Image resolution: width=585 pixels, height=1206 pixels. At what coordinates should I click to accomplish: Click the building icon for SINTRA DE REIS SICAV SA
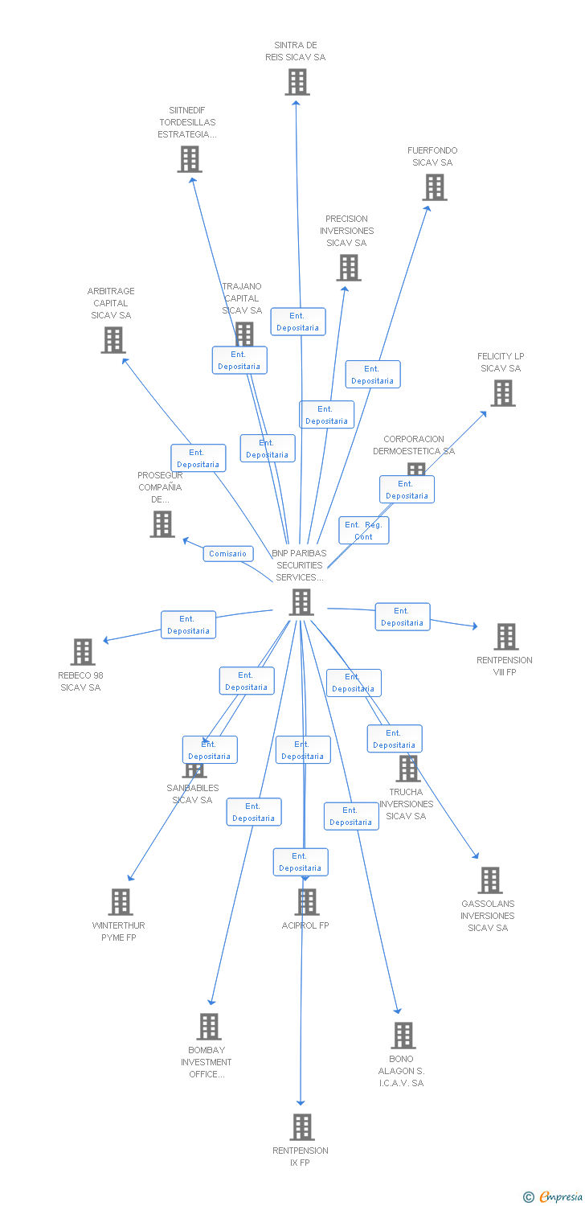click(297, 82)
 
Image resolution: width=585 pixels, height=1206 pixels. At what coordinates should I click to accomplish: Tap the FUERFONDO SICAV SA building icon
click(435, 187)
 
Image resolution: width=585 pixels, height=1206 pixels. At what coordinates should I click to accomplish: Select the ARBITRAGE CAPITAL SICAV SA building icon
click(113, 340)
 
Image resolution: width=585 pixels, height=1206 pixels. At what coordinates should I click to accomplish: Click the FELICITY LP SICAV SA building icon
click(503, 393)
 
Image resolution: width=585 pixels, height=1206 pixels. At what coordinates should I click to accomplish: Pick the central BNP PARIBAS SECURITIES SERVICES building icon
click(301, 602)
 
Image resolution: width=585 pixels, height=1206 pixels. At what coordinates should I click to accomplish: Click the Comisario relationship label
click(228, 554)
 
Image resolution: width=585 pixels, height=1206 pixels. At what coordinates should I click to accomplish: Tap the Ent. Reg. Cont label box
click(364, 531)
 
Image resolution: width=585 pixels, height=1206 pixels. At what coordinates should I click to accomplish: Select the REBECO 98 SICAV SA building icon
click(83, 652)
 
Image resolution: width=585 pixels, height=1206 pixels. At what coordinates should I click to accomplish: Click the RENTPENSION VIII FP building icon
click(506, 637)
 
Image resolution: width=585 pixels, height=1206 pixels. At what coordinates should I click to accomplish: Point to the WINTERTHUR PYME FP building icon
click(121, 902)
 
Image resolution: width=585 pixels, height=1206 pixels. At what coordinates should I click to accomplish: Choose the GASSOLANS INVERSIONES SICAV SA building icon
click(490, 880)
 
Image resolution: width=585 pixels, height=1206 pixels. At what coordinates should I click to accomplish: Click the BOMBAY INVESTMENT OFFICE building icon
click(209, 1027)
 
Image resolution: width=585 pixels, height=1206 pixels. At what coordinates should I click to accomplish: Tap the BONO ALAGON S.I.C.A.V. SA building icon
click(403, 1036)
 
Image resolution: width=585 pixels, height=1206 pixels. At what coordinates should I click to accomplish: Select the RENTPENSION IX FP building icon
click(302, 1127)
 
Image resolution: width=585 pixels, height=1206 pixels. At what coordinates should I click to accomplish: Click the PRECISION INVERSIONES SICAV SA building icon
click(349, 268)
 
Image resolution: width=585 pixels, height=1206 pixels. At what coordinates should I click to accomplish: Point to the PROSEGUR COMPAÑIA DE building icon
click(162, 524)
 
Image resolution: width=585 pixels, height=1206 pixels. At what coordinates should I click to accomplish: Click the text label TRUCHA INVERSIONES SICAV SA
click(406, 804)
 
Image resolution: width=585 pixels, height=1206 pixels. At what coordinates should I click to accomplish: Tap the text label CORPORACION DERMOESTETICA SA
click(414, 445)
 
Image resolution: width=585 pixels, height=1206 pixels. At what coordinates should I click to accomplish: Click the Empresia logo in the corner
click(553, 1197)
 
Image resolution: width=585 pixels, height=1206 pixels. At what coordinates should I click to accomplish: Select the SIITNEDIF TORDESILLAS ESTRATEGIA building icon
click(190, 159)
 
